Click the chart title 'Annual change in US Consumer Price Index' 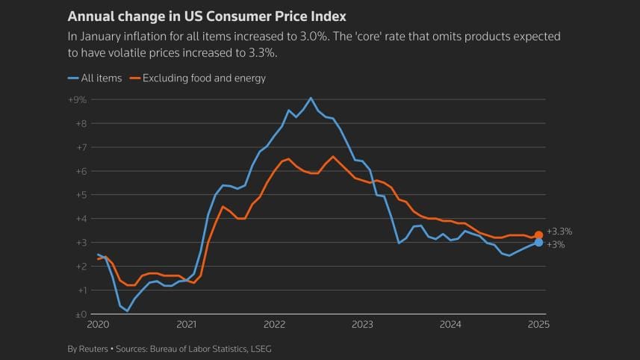207,16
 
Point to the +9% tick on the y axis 78,99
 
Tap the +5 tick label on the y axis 80,195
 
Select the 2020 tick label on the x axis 98,325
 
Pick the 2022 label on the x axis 275,325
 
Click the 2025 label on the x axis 538,325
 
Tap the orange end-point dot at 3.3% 538,235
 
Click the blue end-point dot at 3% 538,243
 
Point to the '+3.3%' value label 559,232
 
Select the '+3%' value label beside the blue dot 556,245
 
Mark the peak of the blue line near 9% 311,98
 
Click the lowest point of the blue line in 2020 127,311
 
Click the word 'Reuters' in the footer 96,349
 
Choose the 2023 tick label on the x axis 362,325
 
